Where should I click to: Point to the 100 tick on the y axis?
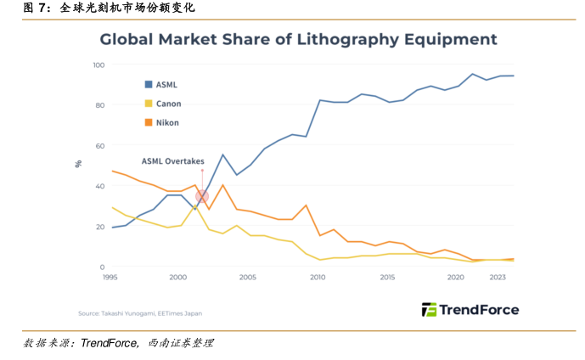click(x=98, y=65)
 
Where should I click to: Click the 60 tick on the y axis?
click(x=99, y=146)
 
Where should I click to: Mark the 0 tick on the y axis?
click(x=102, y=267)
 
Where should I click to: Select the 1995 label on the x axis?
click(x=110, y=278)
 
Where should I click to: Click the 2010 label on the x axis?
click(x=318, y=278)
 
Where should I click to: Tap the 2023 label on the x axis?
click(x=498, y=278)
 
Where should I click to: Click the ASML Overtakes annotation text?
click(x=172, y=160)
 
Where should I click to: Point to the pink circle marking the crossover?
click(x=201, y=196)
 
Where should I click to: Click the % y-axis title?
click(x=78, y=163)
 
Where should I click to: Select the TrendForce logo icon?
click(x=429, y=310)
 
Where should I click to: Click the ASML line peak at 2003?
click(x=222, y=155)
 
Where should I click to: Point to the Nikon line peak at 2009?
click(x=306, y=205)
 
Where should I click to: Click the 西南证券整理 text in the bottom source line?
click(x=181, y=343)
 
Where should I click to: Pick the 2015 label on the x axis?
click(x=388, y=278)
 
